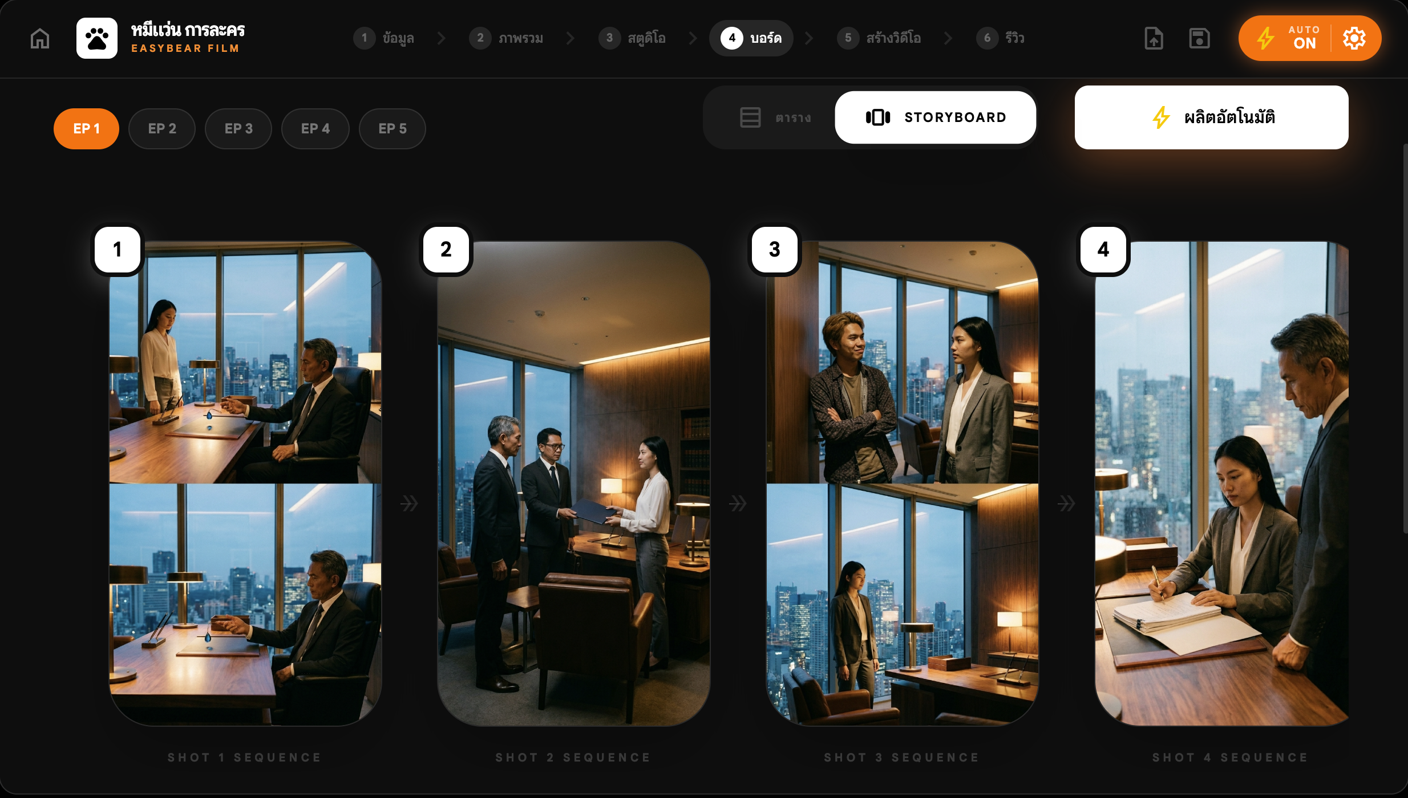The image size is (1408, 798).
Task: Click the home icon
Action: [x=40, y=38]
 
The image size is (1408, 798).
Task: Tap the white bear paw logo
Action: [x=97, y=38]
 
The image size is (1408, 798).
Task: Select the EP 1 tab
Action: [x=86, y=129]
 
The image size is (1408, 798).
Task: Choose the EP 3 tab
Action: [x=238, y=129]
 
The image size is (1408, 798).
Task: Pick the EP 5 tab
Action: [x=393, y=129]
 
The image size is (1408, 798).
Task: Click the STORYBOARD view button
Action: [x=936, y=117]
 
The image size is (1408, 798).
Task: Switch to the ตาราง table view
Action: [x=775, y=117]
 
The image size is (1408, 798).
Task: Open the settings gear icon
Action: [x=1354, y=38]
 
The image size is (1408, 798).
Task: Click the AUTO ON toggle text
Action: [x=1304, y=38]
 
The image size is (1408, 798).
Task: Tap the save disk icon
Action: [x=1199, y=38]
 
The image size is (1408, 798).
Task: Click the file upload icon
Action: [x=1154, y=38]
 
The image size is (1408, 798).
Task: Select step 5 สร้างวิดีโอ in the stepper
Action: [x=879, y=38]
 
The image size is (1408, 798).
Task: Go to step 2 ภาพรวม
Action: [x=507, y=38]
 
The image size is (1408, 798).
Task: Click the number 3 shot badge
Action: [x=775, y=250]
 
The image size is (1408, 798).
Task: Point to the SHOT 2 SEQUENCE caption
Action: [x=573, y=758]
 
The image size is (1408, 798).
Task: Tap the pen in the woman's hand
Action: [x=1158, y=582]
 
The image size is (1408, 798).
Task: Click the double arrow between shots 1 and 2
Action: [x=409, y=503]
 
